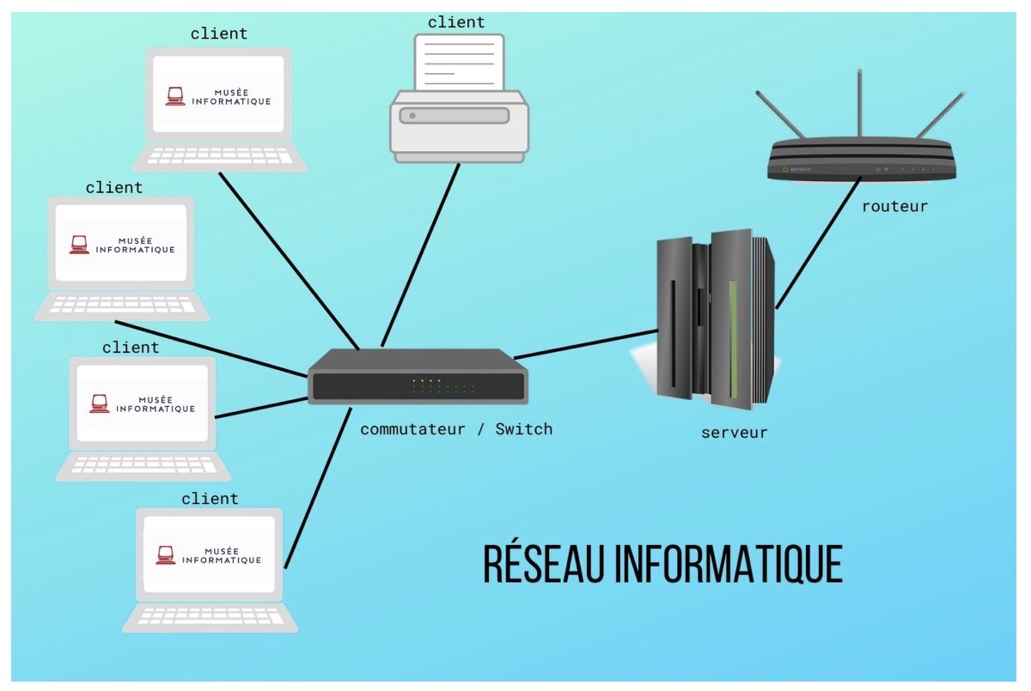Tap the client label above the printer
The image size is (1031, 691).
(456, 22)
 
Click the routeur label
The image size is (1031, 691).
(894, 207)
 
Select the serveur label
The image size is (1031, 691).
(734, 433)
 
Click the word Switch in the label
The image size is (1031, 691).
(523, 428)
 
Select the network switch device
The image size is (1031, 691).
(418, 378)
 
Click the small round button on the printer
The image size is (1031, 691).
(412, 115)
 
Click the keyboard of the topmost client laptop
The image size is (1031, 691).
(219, 155)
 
